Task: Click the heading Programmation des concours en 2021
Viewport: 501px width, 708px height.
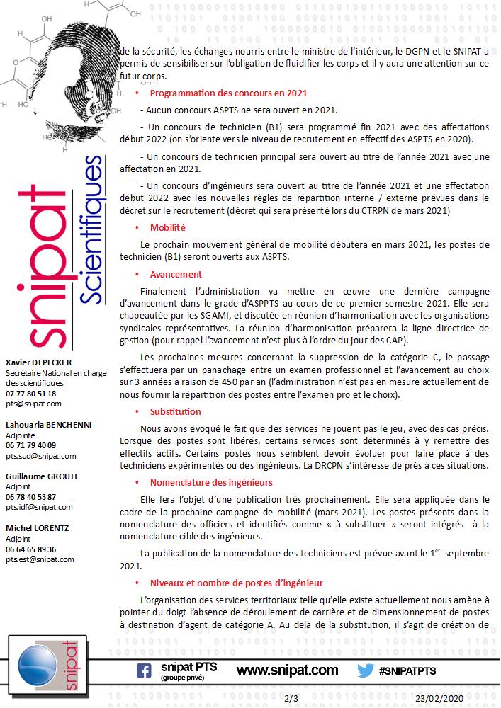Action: click(228, 93)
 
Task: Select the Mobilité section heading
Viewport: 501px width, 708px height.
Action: click(167, 227)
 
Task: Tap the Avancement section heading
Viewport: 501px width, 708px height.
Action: click(176, 274)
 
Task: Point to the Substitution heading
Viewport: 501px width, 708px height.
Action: click(175, 411)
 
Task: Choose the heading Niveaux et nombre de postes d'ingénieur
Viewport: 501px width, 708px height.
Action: click(236, 583)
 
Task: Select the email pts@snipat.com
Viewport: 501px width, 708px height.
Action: click(33, 404)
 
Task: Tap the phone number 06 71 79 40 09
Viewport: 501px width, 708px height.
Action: click(31, 445)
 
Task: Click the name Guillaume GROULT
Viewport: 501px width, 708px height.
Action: click(42, 476)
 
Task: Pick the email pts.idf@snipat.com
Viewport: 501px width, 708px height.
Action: click(39, 507)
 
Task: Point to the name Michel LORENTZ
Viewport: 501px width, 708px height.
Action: click(38, 528)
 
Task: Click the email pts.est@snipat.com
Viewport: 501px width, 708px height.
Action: click(40, 559)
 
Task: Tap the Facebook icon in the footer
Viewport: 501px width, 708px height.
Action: click(144, 670)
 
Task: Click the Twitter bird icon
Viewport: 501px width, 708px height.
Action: click(365, 670)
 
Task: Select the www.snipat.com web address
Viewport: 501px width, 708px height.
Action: click(286, 670)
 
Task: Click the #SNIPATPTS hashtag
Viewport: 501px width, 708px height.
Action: click(407, 670)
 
